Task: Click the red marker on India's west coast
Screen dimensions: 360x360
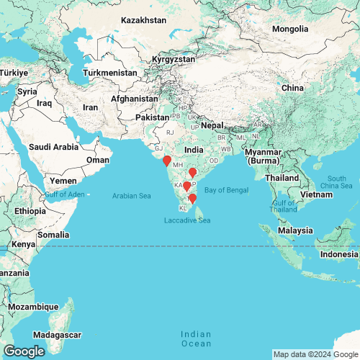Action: click(167, 161)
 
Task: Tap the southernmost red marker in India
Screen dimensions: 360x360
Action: click(192, 198)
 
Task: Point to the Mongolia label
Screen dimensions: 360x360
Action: click(295, 29)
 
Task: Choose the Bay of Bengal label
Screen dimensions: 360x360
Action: click(227, 189)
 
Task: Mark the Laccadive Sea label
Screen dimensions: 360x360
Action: click(187, 220)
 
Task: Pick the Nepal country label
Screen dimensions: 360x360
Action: click(212, 125)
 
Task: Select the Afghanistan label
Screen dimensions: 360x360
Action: click(135, 99)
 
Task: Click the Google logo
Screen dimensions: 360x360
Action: click(23, 351)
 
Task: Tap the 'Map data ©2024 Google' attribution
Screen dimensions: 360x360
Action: click(315, 354)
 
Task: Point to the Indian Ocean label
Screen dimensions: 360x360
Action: click(197, 339)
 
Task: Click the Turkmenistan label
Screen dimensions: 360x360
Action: click(110, 73)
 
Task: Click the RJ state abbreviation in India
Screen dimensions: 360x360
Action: click(171, 132)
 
